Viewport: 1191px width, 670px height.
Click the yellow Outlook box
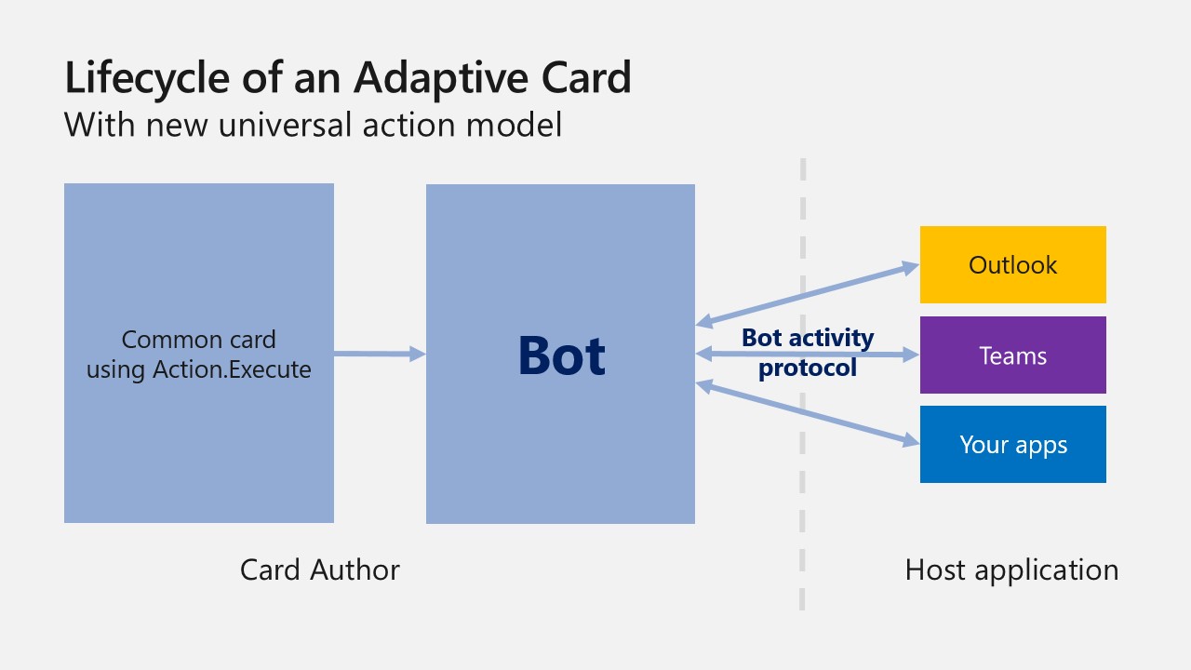pos(1012,265)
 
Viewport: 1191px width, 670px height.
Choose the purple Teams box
pos(1012,355)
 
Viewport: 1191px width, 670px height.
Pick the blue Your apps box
pos(1012,445)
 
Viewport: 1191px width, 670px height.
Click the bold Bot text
pos(561,355)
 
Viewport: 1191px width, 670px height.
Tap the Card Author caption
pos(319,569)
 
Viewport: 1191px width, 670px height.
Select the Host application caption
pos(1011,569)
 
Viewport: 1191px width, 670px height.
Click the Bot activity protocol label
pos(807,352)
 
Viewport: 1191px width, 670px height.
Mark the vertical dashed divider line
pos(802,521)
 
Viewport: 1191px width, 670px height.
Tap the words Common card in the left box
pos(198,340)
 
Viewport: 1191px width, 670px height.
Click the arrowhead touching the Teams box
pos(910,355)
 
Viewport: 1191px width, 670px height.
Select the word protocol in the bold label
pos(807,368)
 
